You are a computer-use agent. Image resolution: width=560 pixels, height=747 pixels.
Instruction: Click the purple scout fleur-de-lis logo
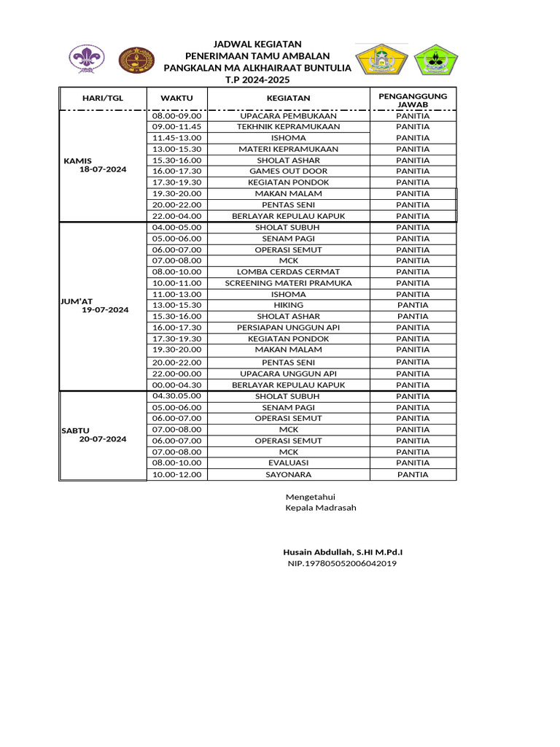pos(86,59)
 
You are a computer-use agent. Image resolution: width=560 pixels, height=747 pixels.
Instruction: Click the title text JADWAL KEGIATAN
pos(257,44)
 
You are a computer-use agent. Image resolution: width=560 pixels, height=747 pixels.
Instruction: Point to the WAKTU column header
pos(176,98)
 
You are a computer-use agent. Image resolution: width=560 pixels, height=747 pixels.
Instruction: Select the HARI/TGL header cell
pos(103,98)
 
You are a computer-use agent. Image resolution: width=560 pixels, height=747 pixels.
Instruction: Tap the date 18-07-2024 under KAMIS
pos(103,169)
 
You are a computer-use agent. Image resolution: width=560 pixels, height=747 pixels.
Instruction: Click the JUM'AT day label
pos(77,300)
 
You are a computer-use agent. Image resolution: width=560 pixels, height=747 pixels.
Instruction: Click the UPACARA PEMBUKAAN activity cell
pos(288,115)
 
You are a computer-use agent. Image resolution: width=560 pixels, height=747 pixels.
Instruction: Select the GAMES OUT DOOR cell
pos(288,171)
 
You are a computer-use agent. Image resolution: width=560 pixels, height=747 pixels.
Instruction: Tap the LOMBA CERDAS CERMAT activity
pos(288,272)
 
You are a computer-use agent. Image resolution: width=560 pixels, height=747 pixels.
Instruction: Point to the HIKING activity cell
pos(288,305)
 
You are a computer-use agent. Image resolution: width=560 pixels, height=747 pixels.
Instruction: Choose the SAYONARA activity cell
pos(288,474)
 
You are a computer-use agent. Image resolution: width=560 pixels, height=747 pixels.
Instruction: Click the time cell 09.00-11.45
pos(176,126)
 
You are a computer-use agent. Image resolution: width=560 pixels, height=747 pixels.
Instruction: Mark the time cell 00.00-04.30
pos(176,384)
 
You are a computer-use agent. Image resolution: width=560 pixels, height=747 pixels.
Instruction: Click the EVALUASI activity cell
pos(288,462)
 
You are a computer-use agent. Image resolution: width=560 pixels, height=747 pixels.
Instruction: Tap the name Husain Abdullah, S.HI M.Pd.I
pos(343,551)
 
